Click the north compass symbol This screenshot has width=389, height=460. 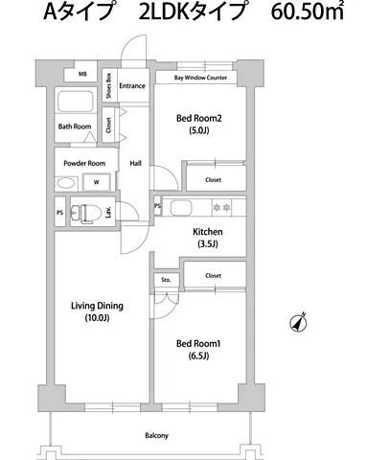click(298, 322)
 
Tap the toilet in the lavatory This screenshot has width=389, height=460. click(86, 213)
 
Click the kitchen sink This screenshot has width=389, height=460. click(181, 208)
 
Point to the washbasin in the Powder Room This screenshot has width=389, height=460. click(67, 184)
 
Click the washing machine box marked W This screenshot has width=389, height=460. click(97, 182)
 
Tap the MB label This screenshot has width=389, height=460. click(82, 74)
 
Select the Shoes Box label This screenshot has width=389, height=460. click(109, 85)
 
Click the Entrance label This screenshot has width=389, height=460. click(132, 85)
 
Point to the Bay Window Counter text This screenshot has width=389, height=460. click(200, 78)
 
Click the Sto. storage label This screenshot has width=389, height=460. click(166, 280)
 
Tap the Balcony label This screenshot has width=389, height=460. click(156, 435)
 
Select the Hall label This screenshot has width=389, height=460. click(135, 163)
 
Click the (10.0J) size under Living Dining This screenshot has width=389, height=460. click(97, 318)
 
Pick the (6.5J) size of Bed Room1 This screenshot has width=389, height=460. click(198, 356)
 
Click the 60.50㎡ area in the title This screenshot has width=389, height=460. click(308, 11)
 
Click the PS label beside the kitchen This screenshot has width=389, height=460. click(157, 206)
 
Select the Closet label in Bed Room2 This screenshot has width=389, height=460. click(213, 180)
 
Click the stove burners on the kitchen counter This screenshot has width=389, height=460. click(221, 208)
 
